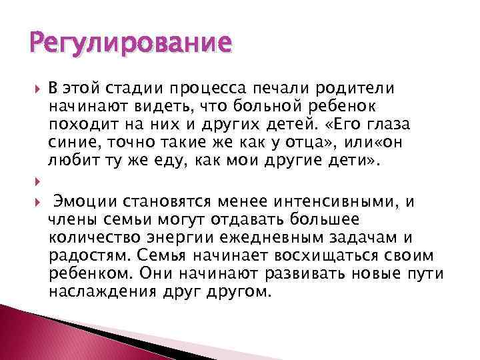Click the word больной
(282, 107)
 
